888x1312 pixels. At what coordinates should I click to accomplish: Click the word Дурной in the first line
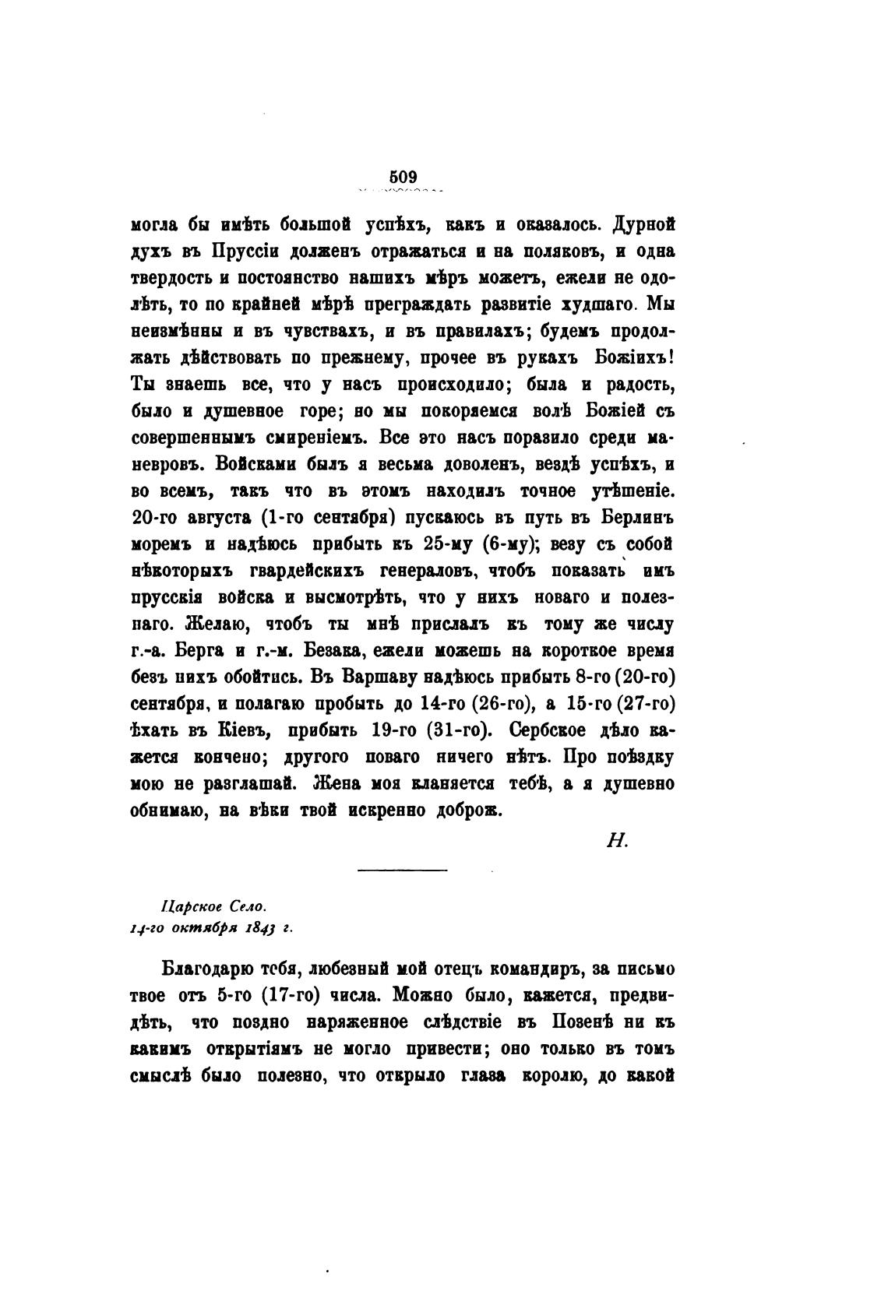tap(643, 226)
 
